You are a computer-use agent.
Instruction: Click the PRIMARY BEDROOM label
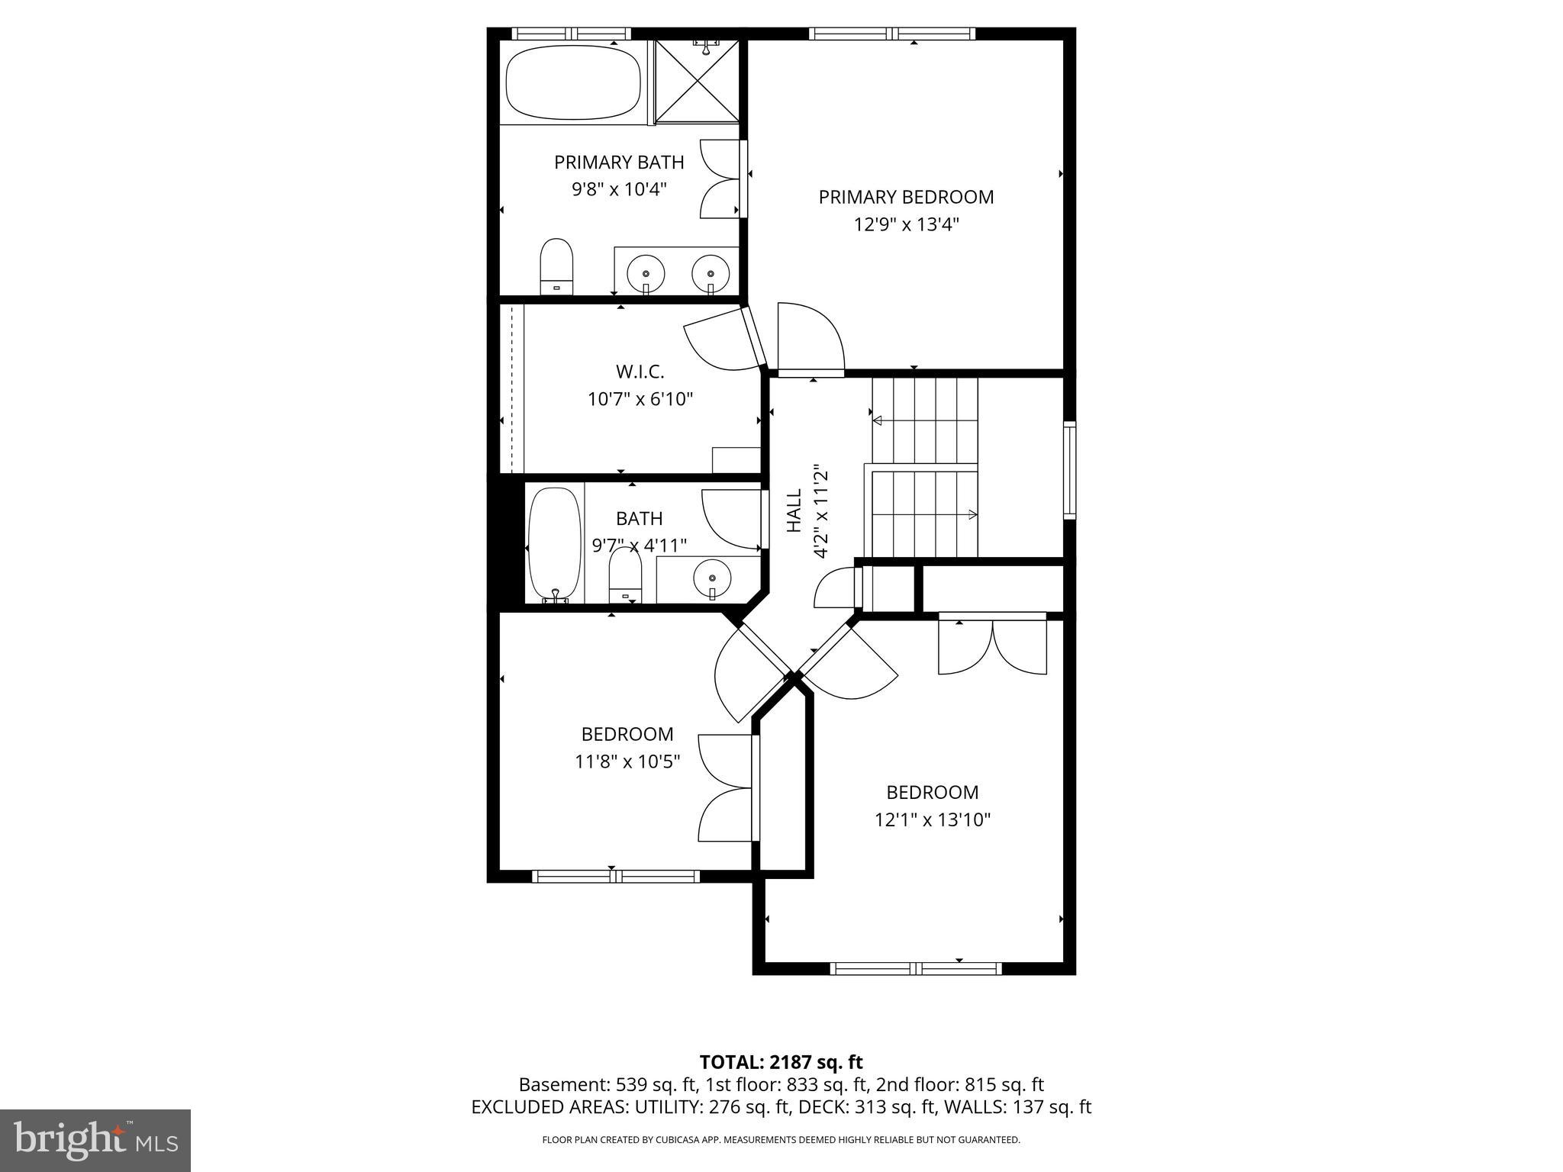(906, 197)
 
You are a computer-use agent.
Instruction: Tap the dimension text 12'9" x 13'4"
(906, 225)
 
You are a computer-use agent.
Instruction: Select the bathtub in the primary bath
(573, 82)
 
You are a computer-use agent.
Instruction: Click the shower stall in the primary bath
(698, 81)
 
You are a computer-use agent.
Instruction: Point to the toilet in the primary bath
(556, 266)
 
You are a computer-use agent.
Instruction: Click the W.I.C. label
(640, 372)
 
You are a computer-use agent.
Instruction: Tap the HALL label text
(794, 511)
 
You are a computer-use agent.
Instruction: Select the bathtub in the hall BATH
(555, 544)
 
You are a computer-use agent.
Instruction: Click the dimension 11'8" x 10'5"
(627, 761)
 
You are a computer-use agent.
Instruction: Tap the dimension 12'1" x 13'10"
(932, 820)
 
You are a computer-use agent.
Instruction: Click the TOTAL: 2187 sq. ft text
(781, 1062)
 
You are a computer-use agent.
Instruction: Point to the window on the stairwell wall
(1069, 471)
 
